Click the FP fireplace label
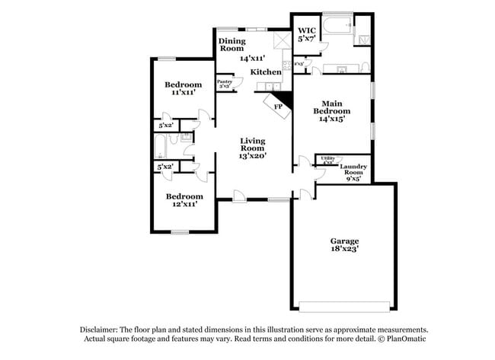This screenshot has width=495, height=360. click(279, 107)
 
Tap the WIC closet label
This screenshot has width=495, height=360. click(307, 30)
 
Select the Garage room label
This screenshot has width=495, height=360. click(344, 241)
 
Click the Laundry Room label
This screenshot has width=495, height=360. click(354, 170)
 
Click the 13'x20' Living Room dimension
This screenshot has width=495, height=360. click(252, 155)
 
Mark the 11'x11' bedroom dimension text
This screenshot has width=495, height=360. click(184, 92)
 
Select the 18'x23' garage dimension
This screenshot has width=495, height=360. click(344, 249)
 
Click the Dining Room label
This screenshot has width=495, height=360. click(231, 44)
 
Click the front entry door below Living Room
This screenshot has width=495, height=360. click(239, 196)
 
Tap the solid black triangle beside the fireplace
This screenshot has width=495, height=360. click(285, 98)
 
